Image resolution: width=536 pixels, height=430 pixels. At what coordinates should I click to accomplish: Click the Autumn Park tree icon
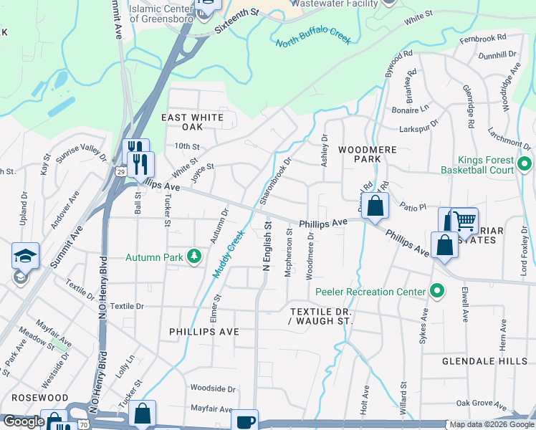coord(193,257)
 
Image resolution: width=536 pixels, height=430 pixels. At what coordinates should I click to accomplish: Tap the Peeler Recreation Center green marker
coord(436,291)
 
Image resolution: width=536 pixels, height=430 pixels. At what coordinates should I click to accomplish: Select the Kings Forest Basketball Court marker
coord(524,164)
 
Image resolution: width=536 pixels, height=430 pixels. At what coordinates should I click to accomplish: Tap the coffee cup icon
coord(246,421)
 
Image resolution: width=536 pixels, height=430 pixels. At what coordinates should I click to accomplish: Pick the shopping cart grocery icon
coord(465,221)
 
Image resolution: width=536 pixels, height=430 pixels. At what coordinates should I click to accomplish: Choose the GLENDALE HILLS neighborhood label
coord(484,362)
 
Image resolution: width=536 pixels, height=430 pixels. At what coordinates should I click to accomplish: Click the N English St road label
coord(267,245)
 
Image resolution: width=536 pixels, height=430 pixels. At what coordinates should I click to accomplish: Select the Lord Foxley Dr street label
coord(524,250)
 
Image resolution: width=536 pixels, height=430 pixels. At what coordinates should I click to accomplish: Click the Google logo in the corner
coord(23,422)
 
